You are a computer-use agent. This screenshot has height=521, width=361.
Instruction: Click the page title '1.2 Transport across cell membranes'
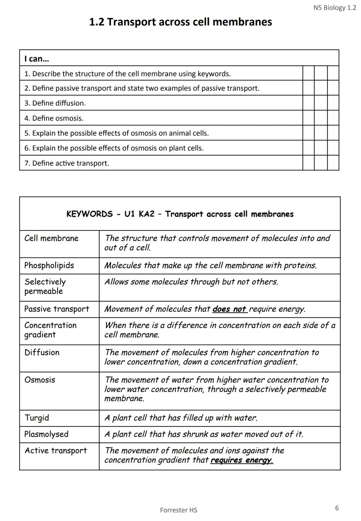(x=180, y=22)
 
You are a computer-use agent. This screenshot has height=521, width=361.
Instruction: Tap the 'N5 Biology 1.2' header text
(x=335, y=8)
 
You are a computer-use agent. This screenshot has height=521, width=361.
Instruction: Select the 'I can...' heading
(x=36, y=59)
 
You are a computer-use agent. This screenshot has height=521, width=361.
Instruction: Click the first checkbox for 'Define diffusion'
(x=308, y=103)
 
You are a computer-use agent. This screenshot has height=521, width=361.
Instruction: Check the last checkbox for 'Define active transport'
(x=333, y=163)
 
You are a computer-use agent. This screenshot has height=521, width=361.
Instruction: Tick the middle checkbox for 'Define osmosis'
(x=321, y=118)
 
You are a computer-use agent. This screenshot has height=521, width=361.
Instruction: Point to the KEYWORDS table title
(x=180, y=214)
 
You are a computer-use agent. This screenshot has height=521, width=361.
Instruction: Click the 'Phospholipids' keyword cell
(x=49, y=266)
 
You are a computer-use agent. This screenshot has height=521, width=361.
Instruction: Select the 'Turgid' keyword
(x=37, y=418)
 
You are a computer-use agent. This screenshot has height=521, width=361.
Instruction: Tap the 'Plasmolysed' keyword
(x=46, y=434)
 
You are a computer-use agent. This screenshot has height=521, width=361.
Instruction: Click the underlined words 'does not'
(x=230, y=309)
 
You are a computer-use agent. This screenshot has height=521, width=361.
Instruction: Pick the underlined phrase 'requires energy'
(x=242, y=460)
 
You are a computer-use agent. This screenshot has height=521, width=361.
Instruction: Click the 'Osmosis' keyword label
(x=40, y=380)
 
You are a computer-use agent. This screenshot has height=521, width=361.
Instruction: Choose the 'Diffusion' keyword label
(x=42, y=352)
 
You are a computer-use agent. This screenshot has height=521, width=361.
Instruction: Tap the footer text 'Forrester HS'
(x=178, y=510)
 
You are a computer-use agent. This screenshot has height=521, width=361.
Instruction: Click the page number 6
(x=337, y=508)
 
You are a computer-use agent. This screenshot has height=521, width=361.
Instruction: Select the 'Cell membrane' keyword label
(x=51, y=238)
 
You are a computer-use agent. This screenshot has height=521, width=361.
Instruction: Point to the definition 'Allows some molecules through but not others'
(x=191, y=282)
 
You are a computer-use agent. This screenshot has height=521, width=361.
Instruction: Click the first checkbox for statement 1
(x=308, y=73)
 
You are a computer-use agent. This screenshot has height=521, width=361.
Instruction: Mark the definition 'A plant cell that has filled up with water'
(x=181, y=418)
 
